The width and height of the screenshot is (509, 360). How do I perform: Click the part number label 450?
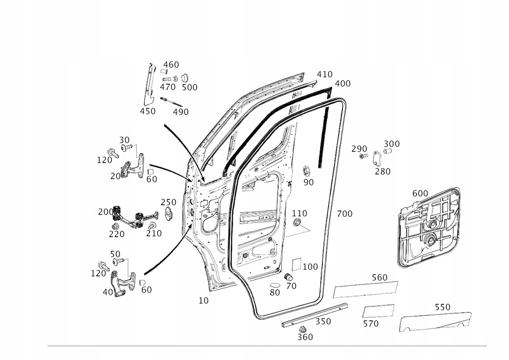tap(148, 111)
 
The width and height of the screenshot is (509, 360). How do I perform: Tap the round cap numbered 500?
tap(185, 78)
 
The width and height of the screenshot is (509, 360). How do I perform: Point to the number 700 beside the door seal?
tap(344, 214)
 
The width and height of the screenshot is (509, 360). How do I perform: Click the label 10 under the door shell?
tap(203, 300)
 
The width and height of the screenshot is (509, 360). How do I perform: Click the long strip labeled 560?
tap(365, 289)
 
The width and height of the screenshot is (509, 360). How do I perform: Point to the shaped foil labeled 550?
tap(435, 322)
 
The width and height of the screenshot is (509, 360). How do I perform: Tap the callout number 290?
tap(359, 148)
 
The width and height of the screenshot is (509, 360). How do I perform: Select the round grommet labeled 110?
tap(298, 222)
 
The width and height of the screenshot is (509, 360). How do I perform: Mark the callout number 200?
tap(105, 212)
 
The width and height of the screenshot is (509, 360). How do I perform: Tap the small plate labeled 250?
tap(169, 214)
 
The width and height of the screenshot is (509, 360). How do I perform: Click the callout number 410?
tap(325, 75)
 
